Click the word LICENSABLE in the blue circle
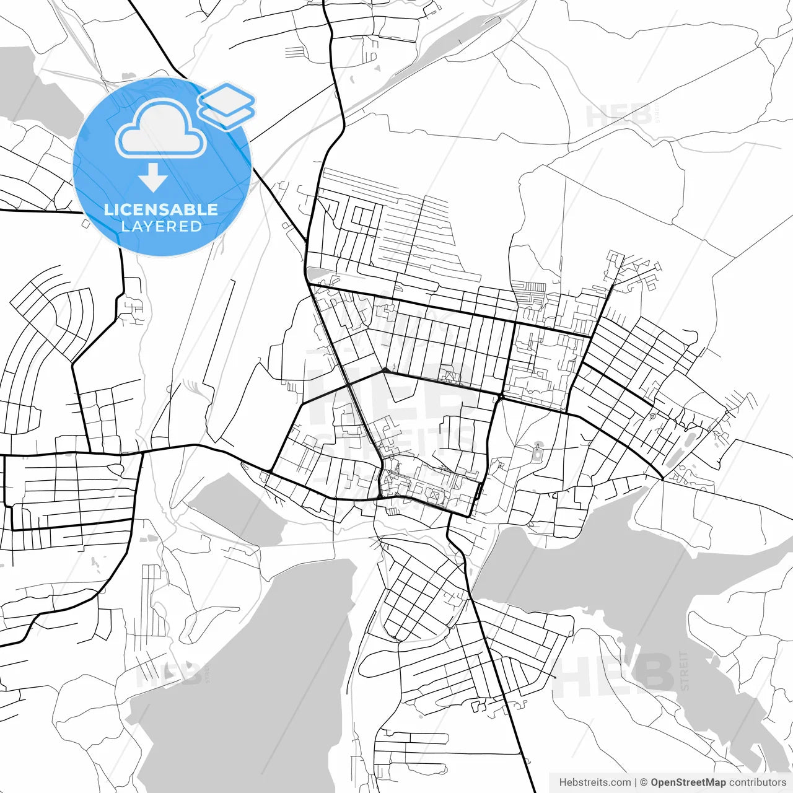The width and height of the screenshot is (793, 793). pyautogui.click(x=161, y=209)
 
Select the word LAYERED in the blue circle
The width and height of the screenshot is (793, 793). pyautogui.click(x=161, y=227)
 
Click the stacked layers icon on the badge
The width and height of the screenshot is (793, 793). pyautogui.click(x=227, y=105)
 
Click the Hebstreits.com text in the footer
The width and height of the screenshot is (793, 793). pyautogui.click(x=595, y=782)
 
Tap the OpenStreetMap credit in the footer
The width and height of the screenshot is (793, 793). pyautogui.click(x=688, y=782)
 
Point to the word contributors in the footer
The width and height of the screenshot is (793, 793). pyautogui.click(x=757, y=782)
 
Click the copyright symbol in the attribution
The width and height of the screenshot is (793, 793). pyautogui.click(x=644, y=782)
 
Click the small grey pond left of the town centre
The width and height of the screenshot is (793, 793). pyautogui.click(x=235, y=508)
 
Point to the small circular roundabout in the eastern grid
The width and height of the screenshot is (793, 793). pyautogui.click(x=653, y=416)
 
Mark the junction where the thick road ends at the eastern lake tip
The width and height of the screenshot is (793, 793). pyautogui.click(x=662, y=478)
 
